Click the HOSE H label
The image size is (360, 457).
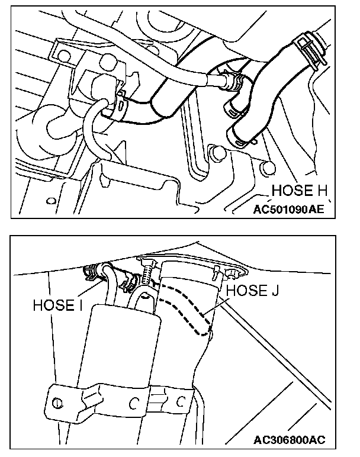pyautogui.click(x=301, y=190)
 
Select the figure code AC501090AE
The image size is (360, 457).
pyautogui.click(x=288, y=208)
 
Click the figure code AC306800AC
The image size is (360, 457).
pyautogui.click(x=290, y=440)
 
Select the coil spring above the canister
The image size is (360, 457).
pyautogui.click(x=146, y=273)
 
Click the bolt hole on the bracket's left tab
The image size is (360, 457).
pyautogui.click(x=57, y=404)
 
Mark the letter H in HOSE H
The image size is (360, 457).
pyautogui.click(x=323, y=190)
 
